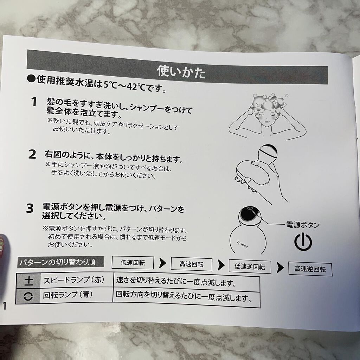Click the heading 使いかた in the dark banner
pyautogui.click(x=181, y=72)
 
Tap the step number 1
pyautogui.click(x=34, y=102)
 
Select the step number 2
pyautogui.click(x=32, y=154)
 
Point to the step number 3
pyautogui.click(x=30, y=208)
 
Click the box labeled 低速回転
pyautogui.click(x=133, y=263)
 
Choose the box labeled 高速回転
pyautogui.click(x=192, y=264)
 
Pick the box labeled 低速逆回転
pyautogui.click(x=250, y=267)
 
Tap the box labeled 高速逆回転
pyautogui.click(x=310, y=269)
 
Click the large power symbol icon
pyautogui.click(x=303, y=242)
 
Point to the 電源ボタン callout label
pyautogui.click(x=303, y=225)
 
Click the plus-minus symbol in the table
pyautogui.click(x=29, y=281)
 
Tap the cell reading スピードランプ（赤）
pyautogui.click(x=74, y=280)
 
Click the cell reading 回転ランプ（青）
pyautogui.click(x=68, y=295)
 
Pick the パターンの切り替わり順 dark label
pyautogui.click(x=60, y=262)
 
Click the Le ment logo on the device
pyautogui.click(x=243, y=245)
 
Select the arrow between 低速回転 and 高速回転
pyautogui.click(x=162, y=263)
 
